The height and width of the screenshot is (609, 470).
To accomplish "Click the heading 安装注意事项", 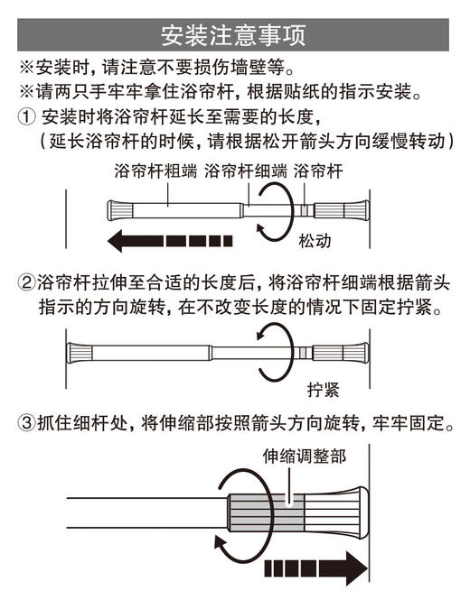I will pos(234,35).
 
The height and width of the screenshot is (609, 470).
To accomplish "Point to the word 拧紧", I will pos(323,390).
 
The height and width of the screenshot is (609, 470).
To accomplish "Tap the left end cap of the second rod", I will pos(81,354).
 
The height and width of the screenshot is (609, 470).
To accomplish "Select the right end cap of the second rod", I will pos(356,354).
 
